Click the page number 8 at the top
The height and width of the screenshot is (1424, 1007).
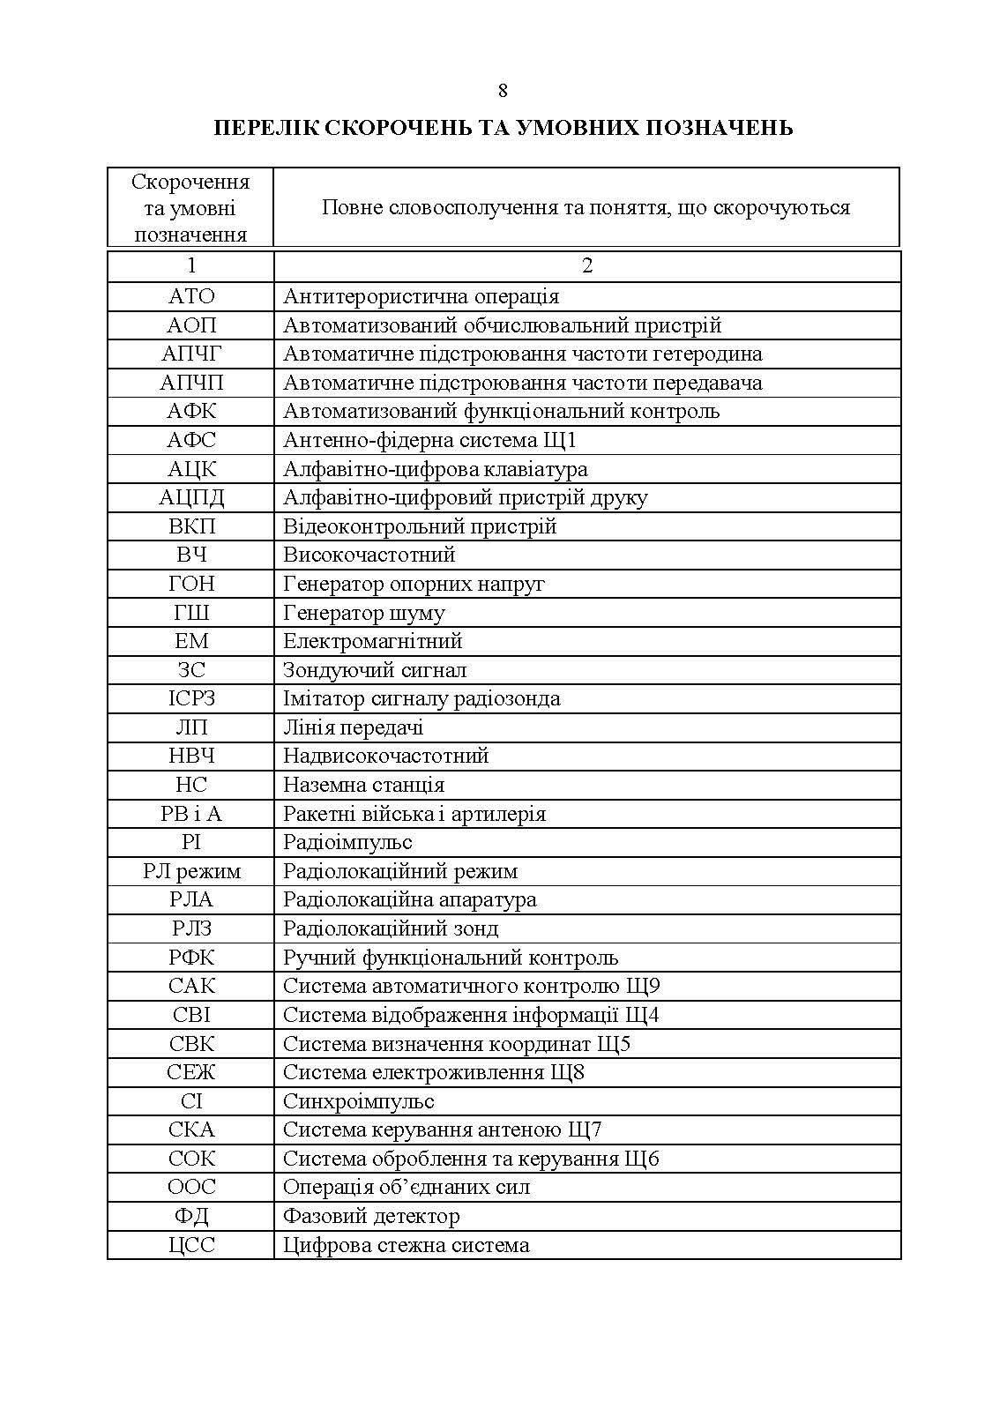(x=503, y=91)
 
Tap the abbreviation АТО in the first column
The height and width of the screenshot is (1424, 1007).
(x=191, y=296)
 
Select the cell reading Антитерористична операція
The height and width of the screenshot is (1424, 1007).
(x=421, y=296)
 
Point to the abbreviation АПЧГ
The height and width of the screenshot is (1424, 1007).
(x=191, y=354)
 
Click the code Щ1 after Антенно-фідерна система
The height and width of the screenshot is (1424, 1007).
(x=562, y=440)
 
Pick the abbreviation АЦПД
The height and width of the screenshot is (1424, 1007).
(x=191, y=497)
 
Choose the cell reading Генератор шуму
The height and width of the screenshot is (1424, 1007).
(x=363, y=613)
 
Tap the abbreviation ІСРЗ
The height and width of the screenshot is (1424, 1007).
(x=191, y=698)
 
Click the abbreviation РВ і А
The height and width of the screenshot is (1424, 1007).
(x=191, y=814)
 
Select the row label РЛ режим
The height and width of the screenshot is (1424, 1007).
(x=191, y=871)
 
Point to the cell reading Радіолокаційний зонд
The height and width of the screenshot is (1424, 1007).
(x=390, y=928)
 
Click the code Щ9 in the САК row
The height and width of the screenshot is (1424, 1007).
(x=645, y=986)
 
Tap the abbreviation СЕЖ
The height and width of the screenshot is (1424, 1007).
(x=191, y=1072)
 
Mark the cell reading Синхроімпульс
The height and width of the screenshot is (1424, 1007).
(x=358, y=1101)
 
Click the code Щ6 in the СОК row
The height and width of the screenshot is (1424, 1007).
(x=645, y=1159)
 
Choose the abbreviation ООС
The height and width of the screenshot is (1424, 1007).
(x=191, y=1187)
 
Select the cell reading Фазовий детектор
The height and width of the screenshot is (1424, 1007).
(x=371, y=1216)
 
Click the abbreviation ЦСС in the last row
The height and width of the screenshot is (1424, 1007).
(x=191, y=1245)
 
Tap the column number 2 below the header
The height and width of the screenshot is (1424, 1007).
(x=587, y=266)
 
